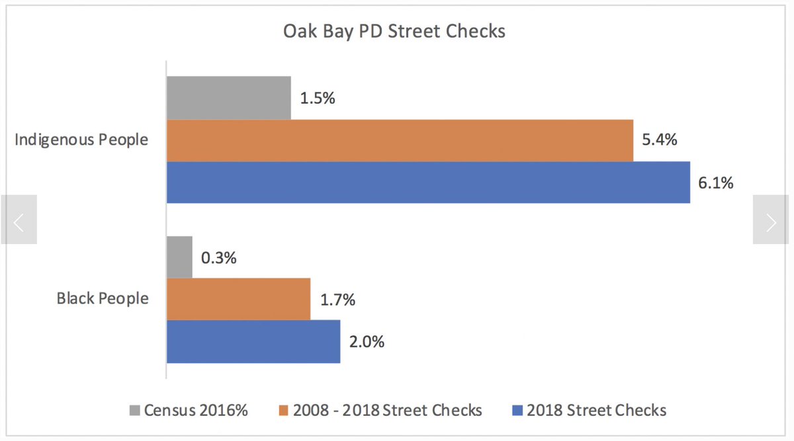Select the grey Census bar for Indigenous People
click(x=228, y=98)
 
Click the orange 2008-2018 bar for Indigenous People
click(x=400, y=140)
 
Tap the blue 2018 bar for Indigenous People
click(x=428, y=182)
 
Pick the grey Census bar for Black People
click(x=179, y=257)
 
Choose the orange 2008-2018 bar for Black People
click(x=238, y=299)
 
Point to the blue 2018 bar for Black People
click(x=253, y=341)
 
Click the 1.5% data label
click(x=318, y=99)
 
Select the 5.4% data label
click(x=659, y=140)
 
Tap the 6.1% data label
click(x=715, y=182)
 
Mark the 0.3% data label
click(x=218, y=258)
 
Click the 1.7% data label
click(x=337, y=300)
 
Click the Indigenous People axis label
click(x=81, y=140)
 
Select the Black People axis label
click(x=102, y=299)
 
